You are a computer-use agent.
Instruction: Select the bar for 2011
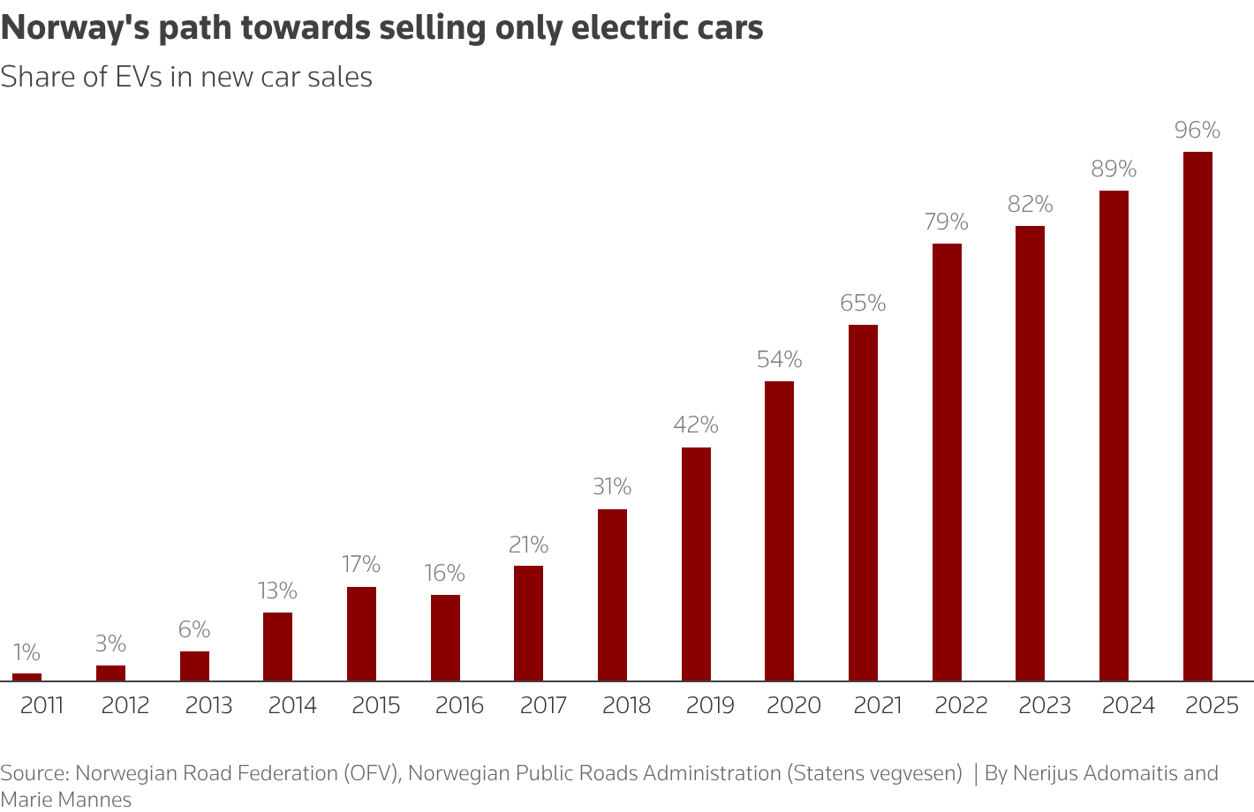click(26, 677)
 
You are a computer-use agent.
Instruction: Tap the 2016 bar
click(445, 637)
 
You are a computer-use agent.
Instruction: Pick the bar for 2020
click(779, 530)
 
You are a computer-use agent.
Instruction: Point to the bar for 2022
click(947, 462)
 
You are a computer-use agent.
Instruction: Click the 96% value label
click(1197, 131)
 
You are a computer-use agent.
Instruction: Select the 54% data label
click(779, 360)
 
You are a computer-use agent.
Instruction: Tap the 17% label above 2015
click(361, 565)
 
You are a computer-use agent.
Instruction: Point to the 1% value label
click(26, 652)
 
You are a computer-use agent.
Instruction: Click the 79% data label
click(947, 222)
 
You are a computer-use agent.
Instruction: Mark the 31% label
click(612, 487)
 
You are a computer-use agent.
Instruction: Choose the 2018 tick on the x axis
click(626, 706)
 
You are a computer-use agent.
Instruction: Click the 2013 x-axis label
click(208, 706)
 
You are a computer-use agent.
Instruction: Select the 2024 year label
click(1128, 706)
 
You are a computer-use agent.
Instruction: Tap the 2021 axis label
click(877, 706)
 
